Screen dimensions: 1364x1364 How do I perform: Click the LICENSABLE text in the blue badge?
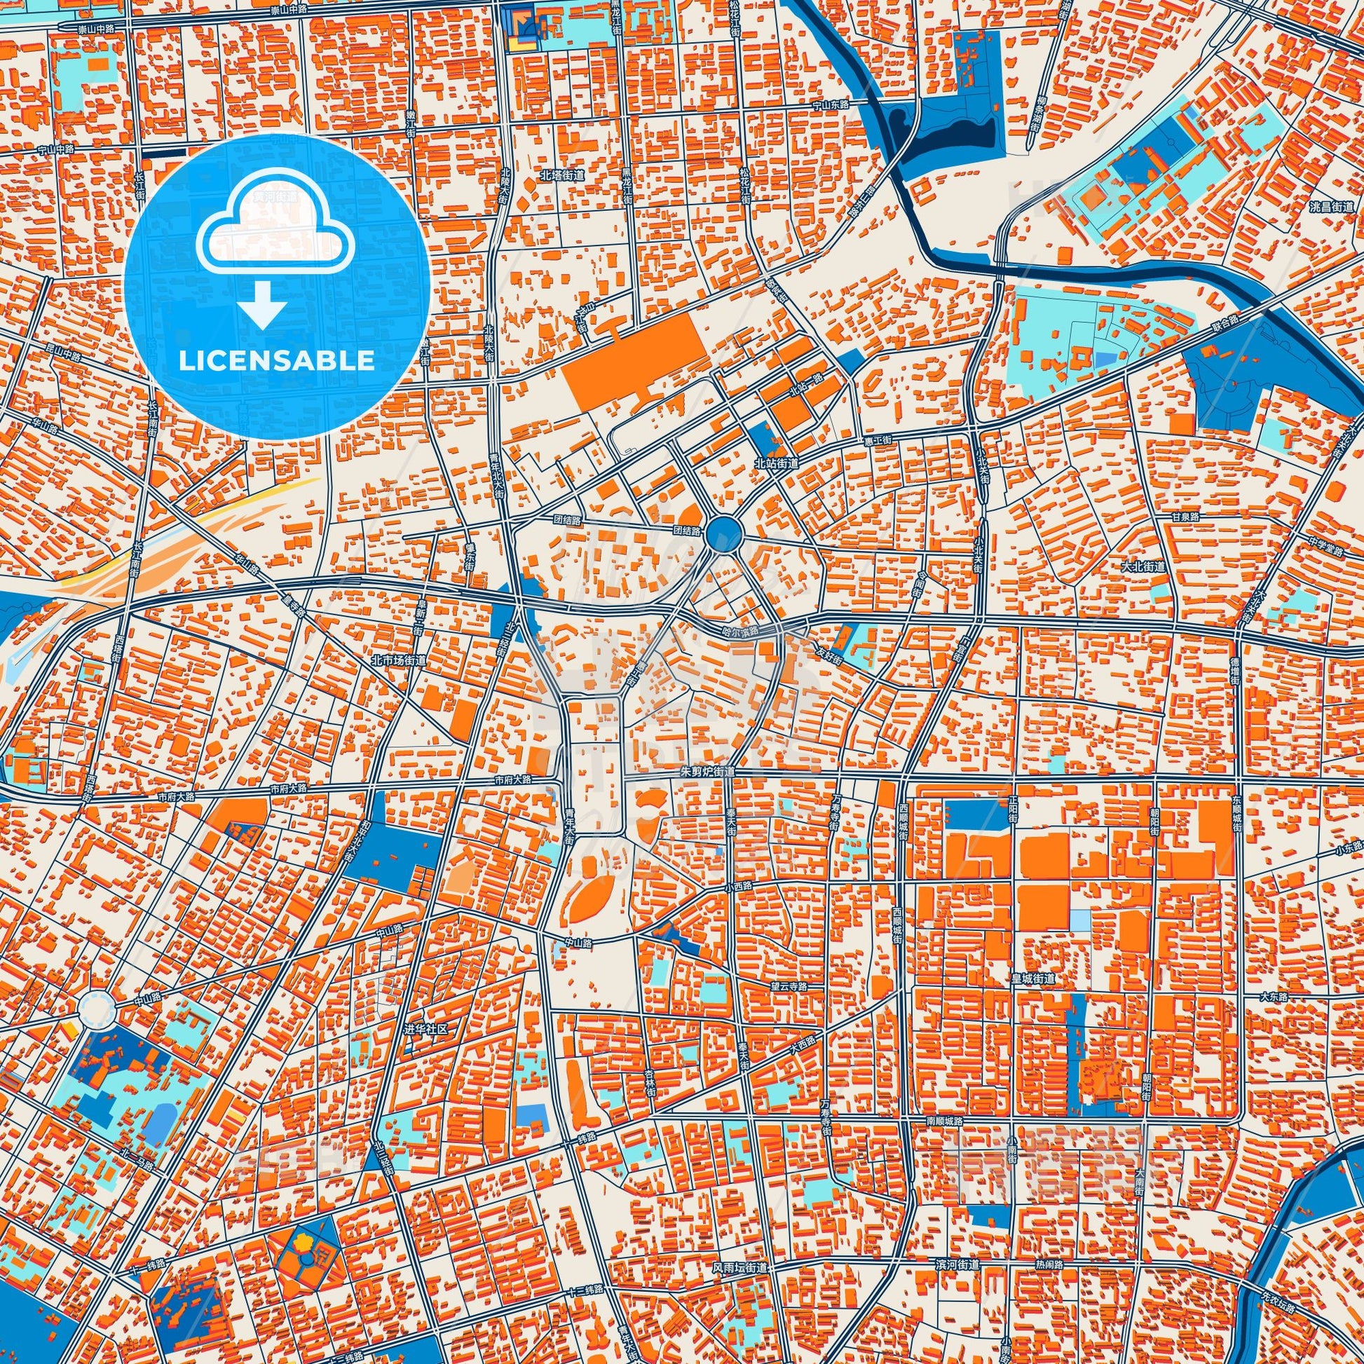pyautogui.click(x=277, y=361)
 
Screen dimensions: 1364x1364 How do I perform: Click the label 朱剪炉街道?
pyautogui.click(x=708, y=772)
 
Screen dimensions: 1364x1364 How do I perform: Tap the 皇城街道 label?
pyautogui.click(x=1033, y=978)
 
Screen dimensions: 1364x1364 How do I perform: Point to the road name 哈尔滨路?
pyautogui.click(x=739, y=632)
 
